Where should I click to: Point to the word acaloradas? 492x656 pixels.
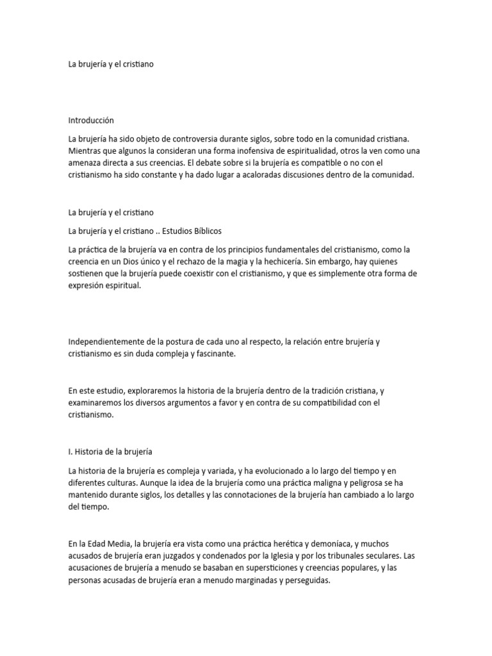tap(252, 174)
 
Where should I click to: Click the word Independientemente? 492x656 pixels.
tap(106, 342)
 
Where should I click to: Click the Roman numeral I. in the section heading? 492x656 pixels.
tap(70, 452)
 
